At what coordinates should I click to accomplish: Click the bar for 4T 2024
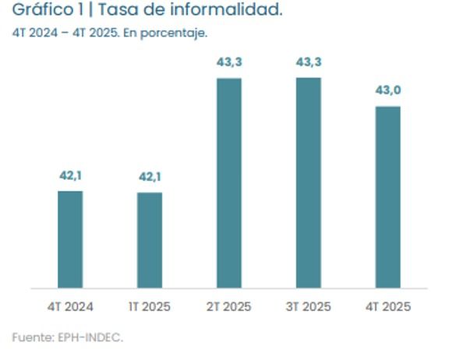(x=70, y=239)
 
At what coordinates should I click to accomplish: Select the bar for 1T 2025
(x=150, y=240)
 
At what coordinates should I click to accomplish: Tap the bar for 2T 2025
(x=229, y=183)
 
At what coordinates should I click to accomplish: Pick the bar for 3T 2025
(x=309, y=183)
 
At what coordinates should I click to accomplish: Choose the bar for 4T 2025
(x=388, y=197)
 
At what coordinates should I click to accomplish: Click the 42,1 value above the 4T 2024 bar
(x=70, y=175)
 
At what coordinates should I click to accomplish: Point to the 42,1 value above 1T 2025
(x=150, y=177)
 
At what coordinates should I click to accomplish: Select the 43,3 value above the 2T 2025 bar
(x=229, y=63)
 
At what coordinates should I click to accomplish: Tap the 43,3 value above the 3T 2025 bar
(x=309, y=62)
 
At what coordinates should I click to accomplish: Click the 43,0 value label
(x=388, y=91)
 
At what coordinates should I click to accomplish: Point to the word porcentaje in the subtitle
(x=180, y=33)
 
